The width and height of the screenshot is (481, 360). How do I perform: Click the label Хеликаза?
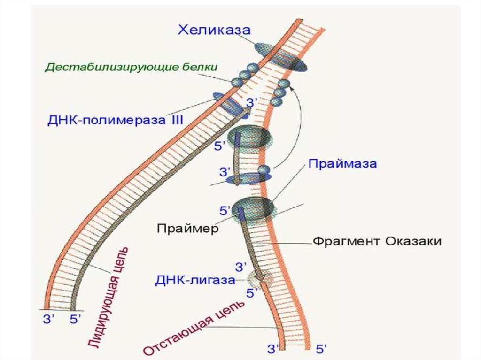(x=214, y=31)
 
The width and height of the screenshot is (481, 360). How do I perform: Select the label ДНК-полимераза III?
(x=115, y=120)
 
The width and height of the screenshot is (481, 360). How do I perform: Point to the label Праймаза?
(x=342, y=165)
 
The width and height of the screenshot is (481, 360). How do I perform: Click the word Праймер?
(x=188, y=229)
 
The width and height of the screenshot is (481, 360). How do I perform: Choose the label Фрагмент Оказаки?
(x=377, y=242)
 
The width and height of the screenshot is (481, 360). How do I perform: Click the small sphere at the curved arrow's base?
(x=264, y=169)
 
